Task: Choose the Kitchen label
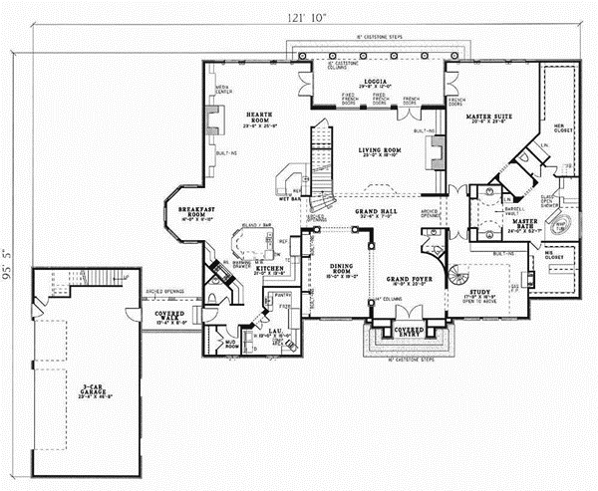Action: (243, 270)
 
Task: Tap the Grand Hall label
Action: (376, 212)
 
